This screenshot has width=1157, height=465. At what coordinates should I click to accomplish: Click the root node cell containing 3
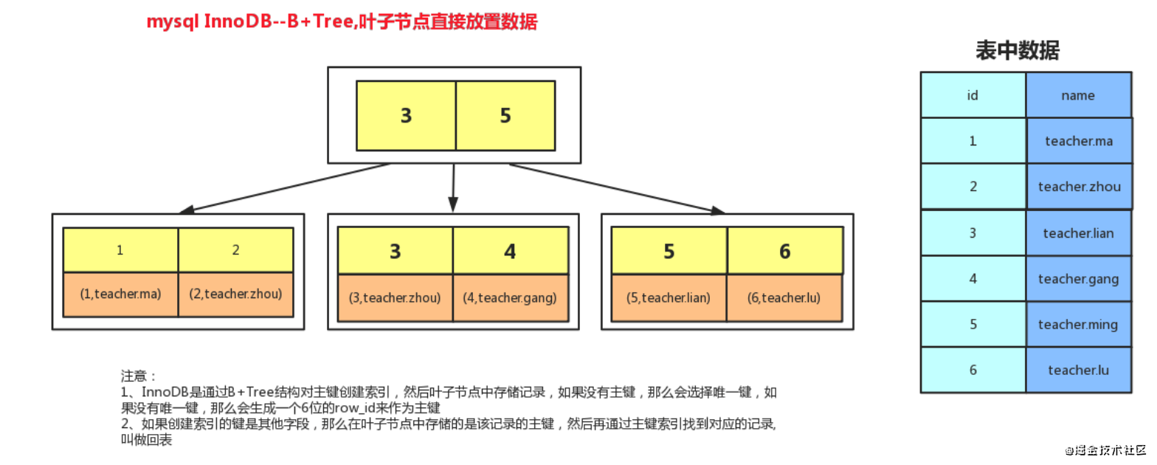(x=406, y=116)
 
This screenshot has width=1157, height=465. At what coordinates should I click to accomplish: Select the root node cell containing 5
(x=505, y=116)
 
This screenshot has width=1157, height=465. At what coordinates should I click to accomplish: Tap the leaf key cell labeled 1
(x=120, y=250)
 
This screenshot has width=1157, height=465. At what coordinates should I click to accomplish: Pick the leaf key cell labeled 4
(x=511, y=251)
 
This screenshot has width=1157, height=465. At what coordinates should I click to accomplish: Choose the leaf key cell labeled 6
(x=785, y=251)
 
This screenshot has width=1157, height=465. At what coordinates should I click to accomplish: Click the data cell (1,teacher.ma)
(x=120, y=294)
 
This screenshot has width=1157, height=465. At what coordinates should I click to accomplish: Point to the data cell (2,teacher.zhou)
(x=235, y=294)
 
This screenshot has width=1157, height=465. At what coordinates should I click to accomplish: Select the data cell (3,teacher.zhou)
(x=396, y=297)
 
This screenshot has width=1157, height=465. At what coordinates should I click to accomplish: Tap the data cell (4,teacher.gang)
(x=511, y=297)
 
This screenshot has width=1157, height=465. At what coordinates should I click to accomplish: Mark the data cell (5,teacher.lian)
(x=669, y=297)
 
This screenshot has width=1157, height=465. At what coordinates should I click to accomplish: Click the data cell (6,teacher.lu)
(x=784, y=297)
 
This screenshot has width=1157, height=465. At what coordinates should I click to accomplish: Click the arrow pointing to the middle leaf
(x=454, y=188)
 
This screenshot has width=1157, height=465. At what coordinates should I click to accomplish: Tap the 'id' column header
(x=973, y=95)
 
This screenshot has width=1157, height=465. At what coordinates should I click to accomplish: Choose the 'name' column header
(x=1079, y=95)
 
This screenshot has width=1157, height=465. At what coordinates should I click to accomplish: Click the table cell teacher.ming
(x=1079, y=325)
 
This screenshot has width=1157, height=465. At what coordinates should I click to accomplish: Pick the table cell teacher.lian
(x=1079, y=233)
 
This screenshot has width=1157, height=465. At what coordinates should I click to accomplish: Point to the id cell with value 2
(x=973, y=187)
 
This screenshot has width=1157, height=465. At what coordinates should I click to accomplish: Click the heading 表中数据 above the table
(x=1018, y=51)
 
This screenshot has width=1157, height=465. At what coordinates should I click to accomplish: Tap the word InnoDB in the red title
(x=238, y=21)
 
